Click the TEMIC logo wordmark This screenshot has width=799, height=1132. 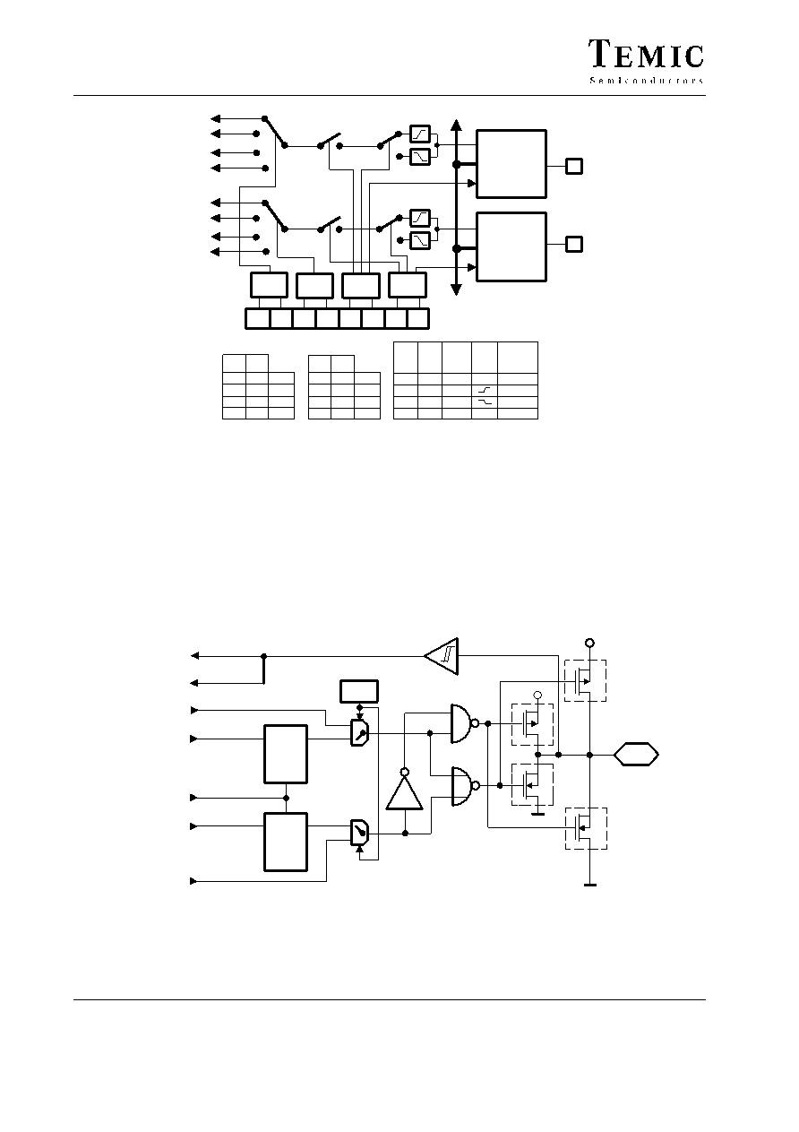646,54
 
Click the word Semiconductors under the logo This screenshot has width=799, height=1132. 647,81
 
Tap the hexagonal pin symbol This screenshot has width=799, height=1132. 636,755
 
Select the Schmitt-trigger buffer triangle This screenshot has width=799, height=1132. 442,656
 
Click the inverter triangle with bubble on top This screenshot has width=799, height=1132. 404,790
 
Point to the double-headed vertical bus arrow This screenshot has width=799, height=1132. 456,207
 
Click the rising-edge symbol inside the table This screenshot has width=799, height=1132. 484,390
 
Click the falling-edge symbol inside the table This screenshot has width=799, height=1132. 484,402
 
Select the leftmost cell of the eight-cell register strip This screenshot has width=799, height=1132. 258,319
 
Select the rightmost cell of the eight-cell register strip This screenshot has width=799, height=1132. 418,319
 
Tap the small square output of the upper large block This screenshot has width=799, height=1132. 574,167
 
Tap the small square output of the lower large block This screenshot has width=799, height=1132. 574,244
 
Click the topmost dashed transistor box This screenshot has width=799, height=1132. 585,680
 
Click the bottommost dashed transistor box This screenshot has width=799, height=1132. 585,828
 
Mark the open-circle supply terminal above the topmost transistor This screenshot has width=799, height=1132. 589,643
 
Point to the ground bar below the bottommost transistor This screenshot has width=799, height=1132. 590,886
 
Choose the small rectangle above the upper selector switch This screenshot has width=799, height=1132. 359,691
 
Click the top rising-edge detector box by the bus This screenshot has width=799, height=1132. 420,134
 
